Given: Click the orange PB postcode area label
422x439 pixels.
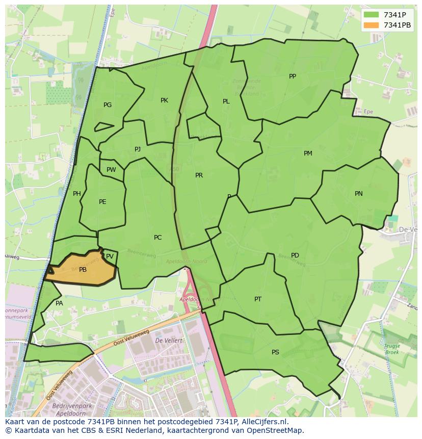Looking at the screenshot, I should click(83, 270).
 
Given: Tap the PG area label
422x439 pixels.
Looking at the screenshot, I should click(108, 105).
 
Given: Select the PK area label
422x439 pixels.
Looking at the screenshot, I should click(164, 100).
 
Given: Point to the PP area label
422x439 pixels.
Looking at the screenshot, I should click(293, 76).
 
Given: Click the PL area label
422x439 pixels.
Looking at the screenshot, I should click(226, 101).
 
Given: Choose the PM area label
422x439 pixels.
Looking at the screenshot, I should click(308, 153).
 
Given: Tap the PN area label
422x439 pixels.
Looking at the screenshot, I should click(359, 194).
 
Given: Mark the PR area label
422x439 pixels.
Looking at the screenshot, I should click(199, 175).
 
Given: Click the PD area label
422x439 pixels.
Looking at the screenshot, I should click(295, 255).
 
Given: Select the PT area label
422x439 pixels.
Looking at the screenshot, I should click(258, 299).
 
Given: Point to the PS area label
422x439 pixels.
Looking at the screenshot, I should click(275, 352).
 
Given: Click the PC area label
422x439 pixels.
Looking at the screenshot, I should click(157, 238).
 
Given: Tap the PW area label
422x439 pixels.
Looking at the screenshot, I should click(111, 170).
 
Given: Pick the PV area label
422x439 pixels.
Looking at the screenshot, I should click(110, 256).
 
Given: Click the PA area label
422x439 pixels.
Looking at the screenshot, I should click(59, 303).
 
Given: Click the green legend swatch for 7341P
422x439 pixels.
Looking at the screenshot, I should click(372, 15).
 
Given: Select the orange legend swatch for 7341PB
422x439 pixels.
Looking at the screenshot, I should click(372, 25).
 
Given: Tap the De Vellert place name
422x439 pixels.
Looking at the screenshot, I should click(166, 340).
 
